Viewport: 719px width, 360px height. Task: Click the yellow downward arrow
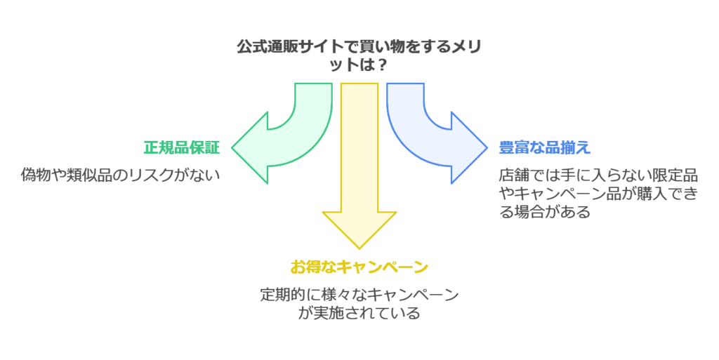click(x=359, y=175)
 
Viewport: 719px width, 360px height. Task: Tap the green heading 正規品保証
click(x=182, y=148)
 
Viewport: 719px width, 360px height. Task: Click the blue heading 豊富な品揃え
click(x=544, y=148)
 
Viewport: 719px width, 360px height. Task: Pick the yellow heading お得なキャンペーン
click(x=359, y=267)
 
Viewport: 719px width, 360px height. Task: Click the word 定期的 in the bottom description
click(x=282, y=295)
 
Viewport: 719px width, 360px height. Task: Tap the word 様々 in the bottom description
click(x=329, y=295)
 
